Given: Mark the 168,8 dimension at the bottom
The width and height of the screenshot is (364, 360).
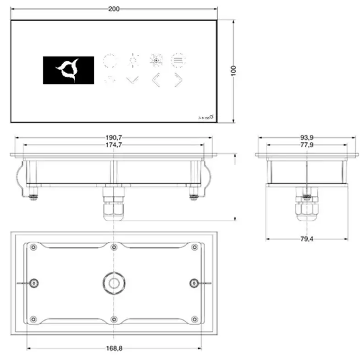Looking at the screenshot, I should tap(114, 348).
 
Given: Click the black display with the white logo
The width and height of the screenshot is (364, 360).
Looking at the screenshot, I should tap(68, 70).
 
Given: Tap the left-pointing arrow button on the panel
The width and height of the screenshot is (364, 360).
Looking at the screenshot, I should tap(156, 80).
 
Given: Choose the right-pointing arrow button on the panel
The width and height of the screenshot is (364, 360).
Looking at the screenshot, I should tap(178, 80).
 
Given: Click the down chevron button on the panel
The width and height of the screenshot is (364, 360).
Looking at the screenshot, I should tap(132, 80).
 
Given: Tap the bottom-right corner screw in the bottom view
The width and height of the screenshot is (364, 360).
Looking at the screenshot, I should tap(194, 319).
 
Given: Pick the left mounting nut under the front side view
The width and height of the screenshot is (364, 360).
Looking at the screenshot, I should tap(33, 196).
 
